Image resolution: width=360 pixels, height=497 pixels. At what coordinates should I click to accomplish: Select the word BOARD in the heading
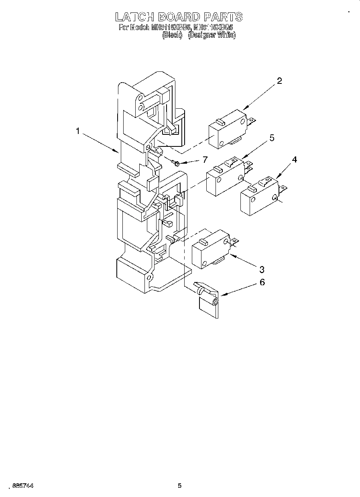tap(179, 17)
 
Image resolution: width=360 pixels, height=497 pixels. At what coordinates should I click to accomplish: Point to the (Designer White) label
tap(212, 35)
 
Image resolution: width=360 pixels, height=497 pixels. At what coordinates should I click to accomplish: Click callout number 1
tap(78, 131)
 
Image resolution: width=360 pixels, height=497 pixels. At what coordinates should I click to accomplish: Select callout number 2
tap(279, 81)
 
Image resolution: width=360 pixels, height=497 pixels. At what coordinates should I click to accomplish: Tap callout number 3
tap(261, 268)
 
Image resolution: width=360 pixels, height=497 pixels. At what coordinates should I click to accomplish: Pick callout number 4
tap(294, 159)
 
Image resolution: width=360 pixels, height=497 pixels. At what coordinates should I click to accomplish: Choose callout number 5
tap(272, 138)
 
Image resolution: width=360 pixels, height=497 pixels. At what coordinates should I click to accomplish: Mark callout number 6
tap(262, 282)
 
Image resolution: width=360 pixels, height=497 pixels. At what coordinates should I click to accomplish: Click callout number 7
tap(205, 160)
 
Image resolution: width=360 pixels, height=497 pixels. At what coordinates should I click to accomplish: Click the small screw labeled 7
tap(175, 162)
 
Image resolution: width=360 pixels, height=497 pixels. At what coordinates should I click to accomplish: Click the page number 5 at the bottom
tap(179, 486)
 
